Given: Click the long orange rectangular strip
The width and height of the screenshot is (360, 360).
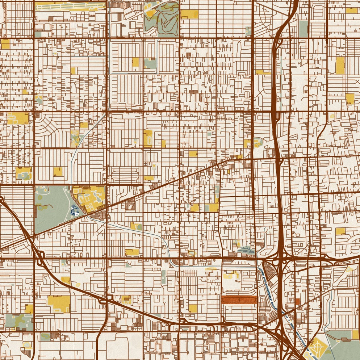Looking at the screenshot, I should pos(239,300).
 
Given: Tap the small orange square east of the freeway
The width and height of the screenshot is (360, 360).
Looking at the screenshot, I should pos(297,302).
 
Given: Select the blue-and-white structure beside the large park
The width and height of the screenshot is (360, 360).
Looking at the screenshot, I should pos(75,210).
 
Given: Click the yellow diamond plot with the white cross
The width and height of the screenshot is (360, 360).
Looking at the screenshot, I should pos(318,346).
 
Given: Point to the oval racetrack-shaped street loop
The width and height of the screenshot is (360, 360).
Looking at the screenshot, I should pos(125,176).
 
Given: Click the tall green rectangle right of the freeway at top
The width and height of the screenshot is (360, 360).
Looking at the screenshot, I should pos(303,29).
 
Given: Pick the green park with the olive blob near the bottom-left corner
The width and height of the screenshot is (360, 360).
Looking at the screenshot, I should pos(18,321).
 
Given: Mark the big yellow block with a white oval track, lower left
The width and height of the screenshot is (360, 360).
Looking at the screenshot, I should pos(59,304).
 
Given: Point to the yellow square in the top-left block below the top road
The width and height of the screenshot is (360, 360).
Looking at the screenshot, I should pos(5,44).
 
